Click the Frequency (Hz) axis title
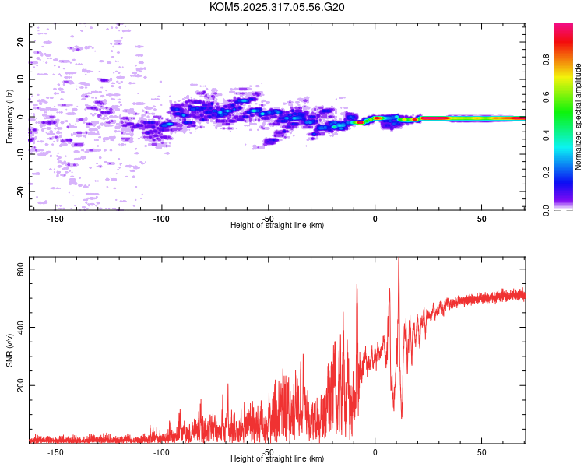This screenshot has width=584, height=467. pyautogui.click(x=9, y=116)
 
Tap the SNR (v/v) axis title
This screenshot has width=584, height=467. pyautogui.click(x=9, y=350)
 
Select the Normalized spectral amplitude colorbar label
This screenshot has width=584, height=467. pyautogui.click(x=579, y=117)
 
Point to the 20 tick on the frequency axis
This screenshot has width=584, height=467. pyautogui.click(x=21, y=42)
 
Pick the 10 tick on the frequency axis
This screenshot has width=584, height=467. pyautogui.click(x=21, y=79)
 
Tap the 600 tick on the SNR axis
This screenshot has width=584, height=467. pyautogui.click(x=21, y=269)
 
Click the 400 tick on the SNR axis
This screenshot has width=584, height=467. pyautogui.click(x=21, y=327)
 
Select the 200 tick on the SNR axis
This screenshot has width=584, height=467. pyautogui.click(x=21, y=385)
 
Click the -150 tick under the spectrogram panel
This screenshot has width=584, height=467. pyautogui.click(x=56, y=218)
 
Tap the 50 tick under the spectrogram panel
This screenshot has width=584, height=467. pyautogui.click(x=481, y=218)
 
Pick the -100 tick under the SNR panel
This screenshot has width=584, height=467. pyautogui.click(x=162, y=452)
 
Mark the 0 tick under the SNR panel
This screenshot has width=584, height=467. pyautogui.click(x=375, y=452)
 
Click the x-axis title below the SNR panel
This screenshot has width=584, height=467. pyautogui.click(x=277, y=460)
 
